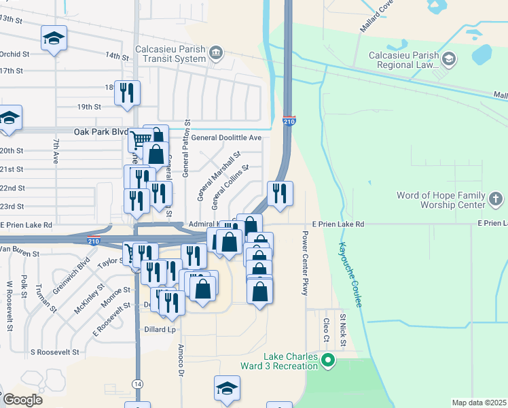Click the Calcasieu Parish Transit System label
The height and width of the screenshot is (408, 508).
click(170, 54)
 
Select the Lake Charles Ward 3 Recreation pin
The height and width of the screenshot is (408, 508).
click(329, 360)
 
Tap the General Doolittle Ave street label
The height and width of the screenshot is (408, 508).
click(226, 137)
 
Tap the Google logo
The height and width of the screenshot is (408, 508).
click(22, 400)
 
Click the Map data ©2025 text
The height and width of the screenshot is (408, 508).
click(479, 403)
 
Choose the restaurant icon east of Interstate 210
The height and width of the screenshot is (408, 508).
click(280, 194)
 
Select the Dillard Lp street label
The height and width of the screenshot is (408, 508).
click(160, 329)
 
